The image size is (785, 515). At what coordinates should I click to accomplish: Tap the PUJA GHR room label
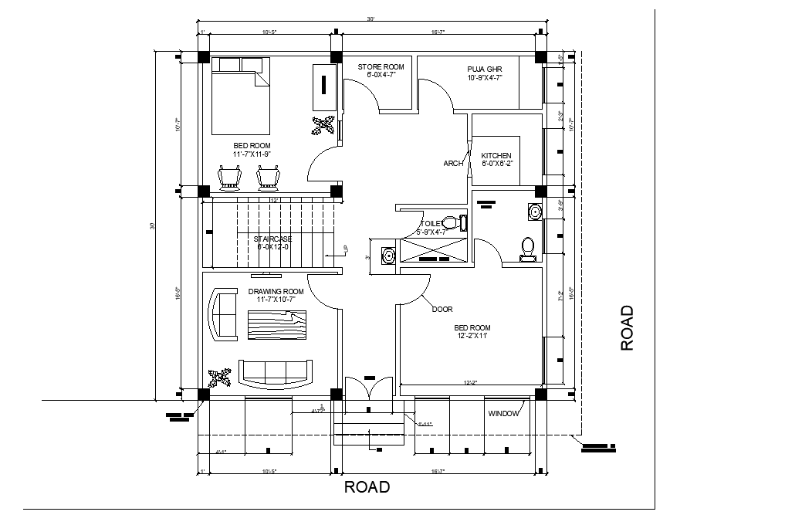click(x=484, y=67)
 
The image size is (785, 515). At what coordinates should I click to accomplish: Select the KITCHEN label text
click(x=496, y=156)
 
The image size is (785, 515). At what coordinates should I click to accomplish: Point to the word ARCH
click(x=453, y=164)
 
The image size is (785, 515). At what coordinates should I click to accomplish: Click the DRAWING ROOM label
click(x=276, y=292)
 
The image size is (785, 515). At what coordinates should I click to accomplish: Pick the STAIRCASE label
click(x=272, y=239)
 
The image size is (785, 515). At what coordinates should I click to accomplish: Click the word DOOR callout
click(x=442, y=309)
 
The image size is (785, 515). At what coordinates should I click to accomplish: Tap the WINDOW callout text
click(x=503, y=414)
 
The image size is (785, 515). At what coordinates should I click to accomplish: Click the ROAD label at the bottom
click(x=367, y=487)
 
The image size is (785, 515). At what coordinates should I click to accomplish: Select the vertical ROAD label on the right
click(x=627, y=328)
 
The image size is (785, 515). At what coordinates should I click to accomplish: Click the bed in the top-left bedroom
click(x=241, y=96)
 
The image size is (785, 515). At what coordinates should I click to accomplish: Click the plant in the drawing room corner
click(x=221, y=378)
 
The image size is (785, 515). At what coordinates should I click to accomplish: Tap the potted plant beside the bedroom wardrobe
click(x=324, y=125)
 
